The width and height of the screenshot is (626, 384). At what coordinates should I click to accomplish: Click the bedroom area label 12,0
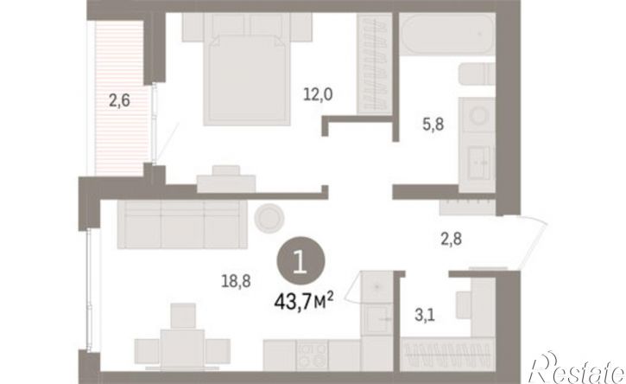click(x=318, y=95)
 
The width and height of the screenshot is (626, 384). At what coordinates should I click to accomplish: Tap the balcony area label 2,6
click(x=119, y=100)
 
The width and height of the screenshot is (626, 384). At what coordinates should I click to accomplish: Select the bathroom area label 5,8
click(x=433, y=125)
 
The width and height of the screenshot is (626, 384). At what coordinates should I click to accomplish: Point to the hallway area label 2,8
click(x=451, y=239)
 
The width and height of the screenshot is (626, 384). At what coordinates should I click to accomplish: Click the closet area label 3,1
click(x=425, y=315)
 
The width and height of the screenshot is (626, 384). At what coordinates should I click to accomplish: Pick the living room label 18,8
click(x=236, y=281)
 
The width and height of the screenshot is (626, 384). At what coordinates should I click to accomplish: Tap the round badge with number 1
click(x=300, y=261)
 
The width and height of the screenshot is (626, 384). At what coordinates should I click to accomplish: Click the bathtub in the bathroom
click(x=447, y=34)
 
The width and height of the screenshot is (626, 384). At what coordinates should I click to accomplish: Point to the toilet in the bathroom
click(x=477, y=74)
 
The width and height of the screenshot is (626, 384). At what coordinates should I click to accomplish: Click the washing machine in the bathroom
click(x=477, y=115)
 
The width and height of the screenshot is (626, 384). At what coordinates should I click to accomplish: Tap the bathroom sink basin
click(x=478, y=163)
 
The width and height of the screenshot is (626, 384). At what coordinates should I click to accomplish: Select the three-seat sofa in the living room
click(x=182, y=224)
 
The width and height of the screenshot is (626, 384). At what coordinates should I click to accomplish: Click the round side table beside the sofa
click(x=270, y=218)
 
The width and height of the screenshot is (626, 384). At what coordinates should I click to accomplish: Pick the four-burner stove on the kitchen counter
click(x=312, y=355)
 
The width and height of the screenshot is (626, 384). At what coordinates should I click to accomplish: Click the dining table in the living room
click(x=182, y=349)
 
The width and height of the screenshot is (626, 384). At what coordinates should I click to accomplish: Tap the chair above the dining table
click(x=183, y=316)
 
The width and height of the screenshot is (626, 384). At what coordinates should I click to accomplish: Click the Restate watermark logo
click(x=576, y=368)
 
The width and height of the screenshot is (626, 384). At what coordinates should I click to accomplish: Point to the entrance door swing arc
click(x=534, y=240)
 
